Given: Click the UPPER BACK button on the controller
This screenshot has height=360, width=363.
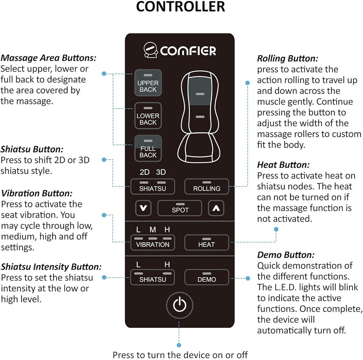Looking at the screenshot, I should [x=148, y=83].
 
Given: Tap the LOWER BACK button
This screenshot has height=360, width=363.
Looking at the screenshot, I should [x=148, y=116].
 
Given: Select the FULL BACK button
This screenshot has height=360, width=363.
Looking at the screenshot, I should [x=148, y=149].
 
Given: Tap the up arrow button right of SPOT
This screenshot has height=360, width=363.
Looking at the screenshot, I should [x=216, y=208].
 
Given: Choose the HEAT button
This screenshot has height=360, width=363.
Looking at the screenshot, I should [x=206, y=242].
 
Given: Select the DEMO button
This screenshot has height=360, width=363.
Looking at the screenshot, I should [x=206, y=277].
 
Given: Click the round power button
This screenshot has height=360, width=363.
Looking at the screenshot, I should [x=180, y=304].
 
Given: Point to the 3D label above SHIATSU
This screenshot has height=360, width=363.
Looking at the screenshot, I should [x=161, y=172].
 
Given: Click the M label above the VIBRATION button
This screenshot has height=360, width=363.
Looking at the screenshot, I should [x=153, y=230].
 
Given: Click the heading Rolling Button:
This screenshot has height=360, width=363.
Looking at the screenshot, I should [x=287, y=59].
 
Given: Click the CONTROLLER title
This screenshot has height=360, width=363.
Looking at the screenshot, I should [x=180, y=7].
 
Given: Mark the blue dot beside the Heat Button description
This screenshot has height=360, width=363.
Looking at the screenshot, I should [x=276, y=230].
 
